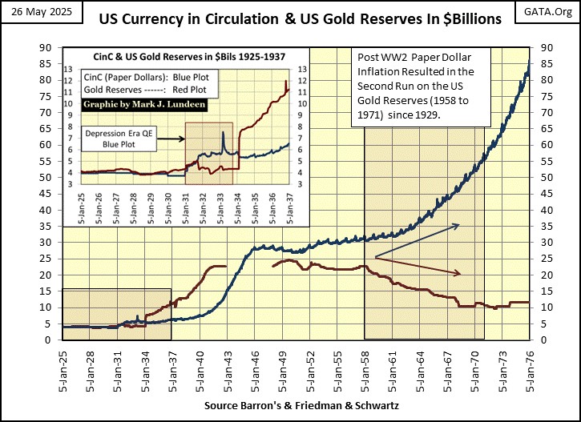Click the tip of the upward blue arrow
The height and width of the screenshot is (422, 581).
click(x=460, y=225)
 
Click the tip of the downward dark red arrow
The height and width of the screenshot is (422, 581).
click(x=462, y=275)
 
